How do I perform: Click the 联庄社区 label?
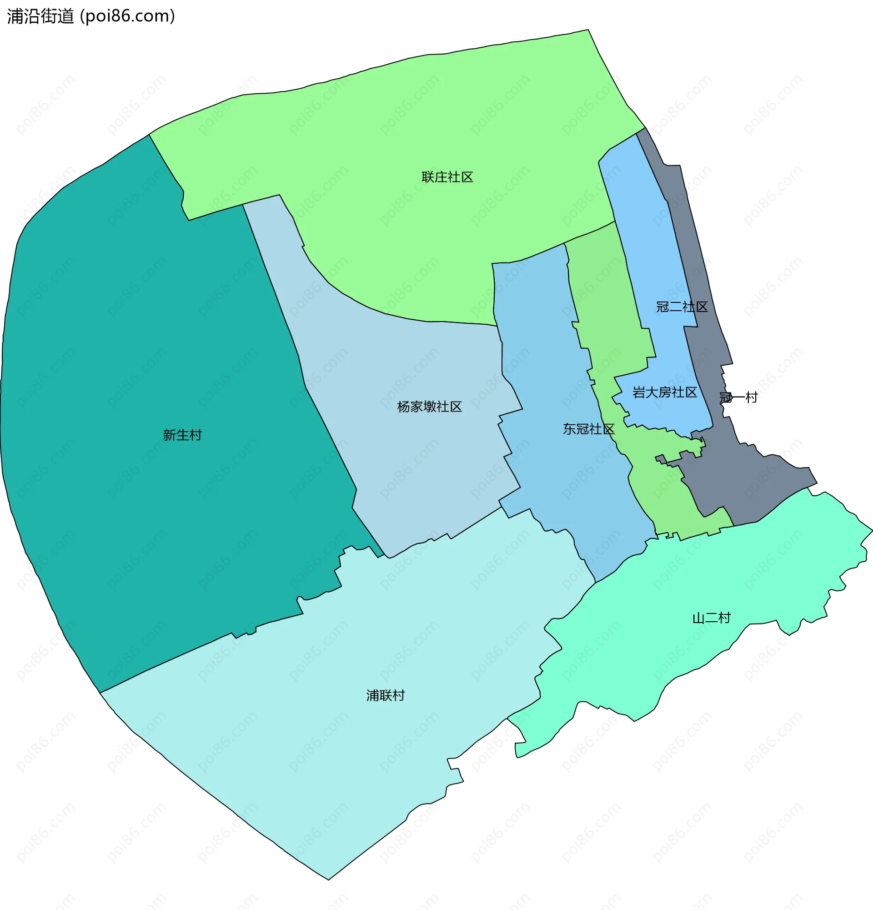[x=447, y=177]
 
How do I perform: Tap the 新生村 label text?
[x=182, y=435]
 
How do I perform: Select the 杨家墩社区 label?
[x=429, y=407]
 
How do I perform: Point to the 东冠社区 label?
[x=588, y=429]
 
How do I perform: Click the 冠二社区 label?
[x=681, y=307]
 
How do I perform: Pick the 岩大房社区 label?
[x=664, y=392]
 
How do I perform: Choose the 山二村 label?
[x=711, y=618]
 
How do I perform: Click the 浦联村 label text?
[x=385, y=695]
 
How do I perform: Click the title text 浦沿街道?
[x=41, y=16]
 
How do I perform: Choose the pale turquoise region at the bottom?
[x=325, y=766]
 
